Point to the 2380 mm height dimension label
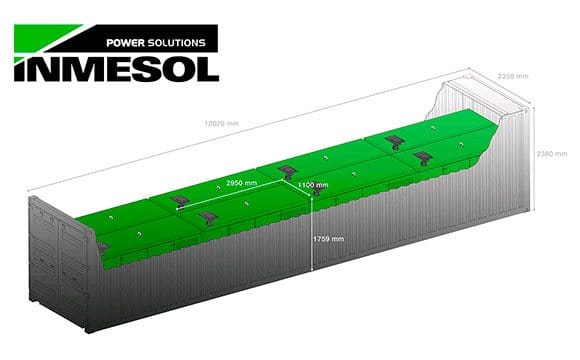552,153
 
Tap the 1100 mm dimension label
315,184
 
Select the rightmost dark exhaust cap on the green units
423,157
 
